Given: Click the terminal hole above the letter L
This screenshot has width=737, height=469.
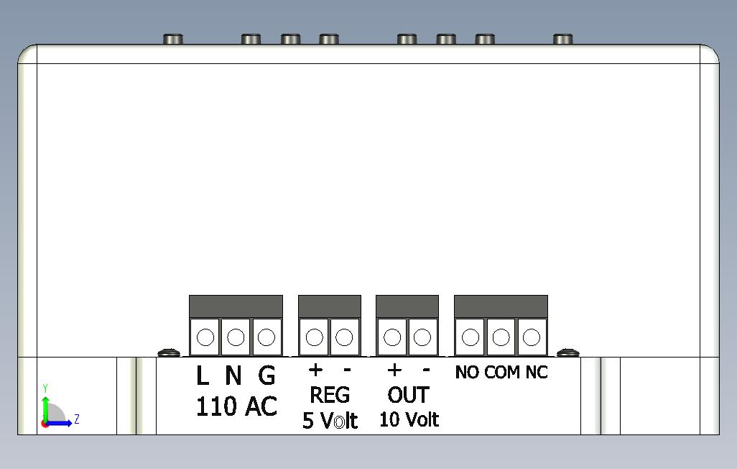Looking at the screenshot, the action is point(205,337).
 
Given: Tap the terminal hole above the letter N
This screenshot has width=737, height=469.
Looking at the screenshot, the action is point(236,337).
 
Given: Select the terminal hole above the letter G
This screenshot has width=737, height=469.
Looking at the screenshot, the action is point(266,337).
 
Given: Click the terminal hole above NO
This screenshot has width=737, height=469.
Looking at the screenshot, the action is point(470,337).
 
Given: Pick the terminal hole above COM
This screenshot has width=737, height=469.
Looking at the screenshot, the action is point(501,337).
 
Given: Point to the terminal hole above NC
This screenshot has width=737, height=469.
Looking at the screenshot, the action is point(531,337).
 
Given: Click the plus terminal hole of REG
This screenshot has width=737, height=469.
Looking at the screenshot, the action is point(314,337).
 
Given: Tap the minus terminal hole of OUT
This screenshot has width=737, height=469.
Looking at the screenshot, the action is point(422,337).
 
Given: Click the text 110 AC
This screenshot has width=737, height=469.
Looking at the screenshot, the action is point(236,406).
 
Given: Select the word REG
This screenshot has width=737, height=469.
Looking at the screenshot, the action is point(330,395).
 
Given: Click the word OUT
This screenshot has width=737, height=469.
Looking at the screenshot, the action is point(409,395).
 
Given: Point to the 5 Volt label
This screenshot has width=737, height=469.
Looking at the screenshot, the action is point(330,421).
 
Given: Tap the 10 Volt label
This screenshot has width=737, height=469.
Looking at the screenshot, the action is point(409,419).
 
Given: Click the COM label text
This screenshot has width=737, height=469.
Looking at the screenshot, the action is point(502,373).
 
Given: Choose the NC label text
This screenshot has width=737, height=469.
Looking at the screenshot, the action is point(537,373).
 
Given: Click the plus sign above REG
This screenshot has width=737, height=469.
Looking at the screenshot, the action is point(315,370).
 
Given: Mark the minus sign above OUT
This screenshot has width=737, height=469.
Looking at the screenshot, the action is point(426,370).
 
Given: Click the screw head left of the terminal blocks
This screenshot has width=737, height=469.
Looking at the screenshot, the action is point(169,352).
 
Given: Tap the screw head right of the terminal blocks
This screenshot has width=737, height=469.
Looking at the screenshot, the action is point(567,352).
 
